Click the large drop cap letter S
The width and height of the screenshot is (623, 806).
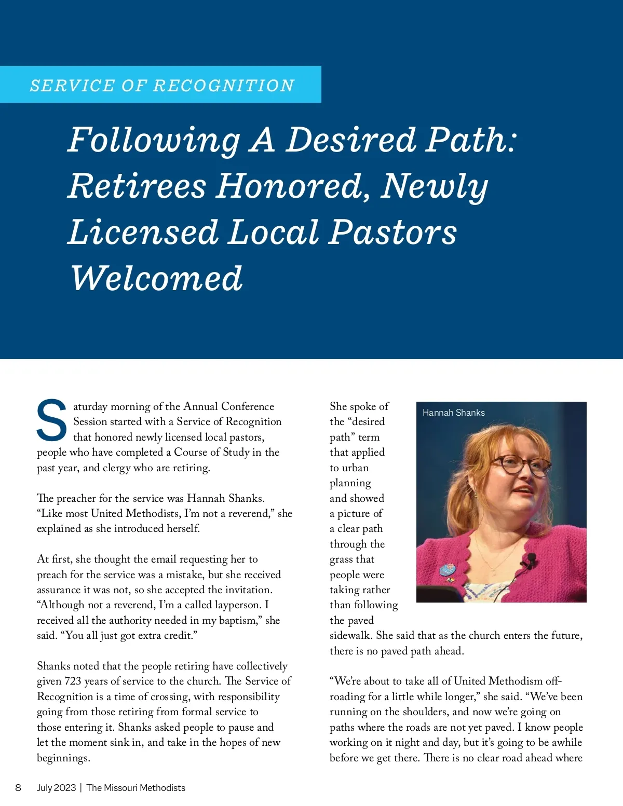point(51,419)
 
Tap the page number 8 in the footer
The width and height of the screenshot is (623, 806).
point(18,787)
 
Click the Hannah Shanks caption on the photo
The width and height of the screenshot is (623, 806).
point(453,413)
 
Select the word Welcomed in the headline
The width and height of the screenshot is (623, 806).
point(156,278)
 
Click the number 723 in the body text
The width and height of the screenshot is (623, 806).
point(73,681)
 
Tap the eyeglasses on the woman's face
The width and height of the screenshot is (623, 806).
point(519,465)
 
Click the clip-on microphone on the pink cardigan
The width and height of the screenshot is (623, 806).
point(531,559)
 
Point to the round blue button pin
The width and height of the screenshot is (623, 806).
point(447,569)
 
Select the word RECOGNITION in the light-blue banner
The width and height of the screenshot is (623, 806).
point(224,85)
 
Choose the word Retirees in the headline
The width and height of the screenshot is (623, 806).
point(137,186)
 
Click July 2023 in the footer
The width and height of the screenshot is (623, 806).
point(56,787)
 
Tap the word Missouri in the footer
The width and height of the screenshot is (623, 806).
point(120,787)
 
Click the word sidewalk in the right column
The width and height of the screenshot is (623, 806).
point(350,635)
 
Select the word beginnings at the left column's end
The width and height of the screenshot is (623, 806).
point(63,758)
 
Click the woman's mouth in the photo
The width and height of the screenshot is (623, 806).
point(523,489)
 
